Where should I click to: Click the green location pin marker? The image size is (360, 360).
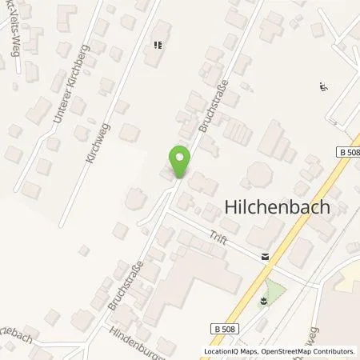(x=180, y=162)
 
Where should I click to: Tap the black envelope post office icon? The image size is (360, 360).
(x=264, y=258)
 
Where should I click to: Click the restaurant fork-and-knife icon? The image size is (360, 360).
(x=156, y=46)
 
